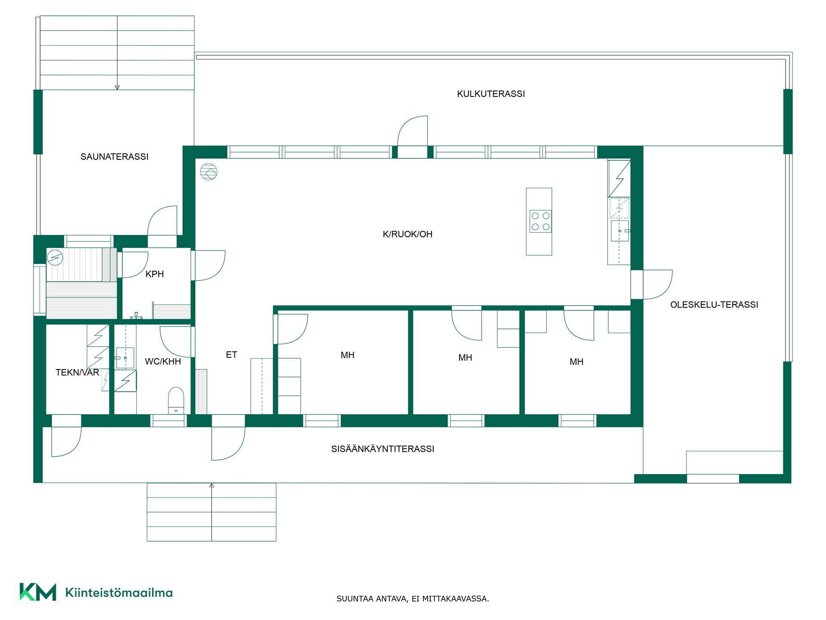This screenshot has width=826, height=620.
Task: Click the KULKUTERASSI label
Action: [491, 94]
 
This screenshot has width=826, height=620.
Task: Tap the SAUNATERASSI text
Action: [114, 157]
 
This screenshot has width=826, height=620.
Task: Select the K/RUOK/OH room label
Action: [407, 234]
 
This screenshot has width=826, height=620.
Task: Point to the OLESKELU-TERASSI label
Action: [714, 305]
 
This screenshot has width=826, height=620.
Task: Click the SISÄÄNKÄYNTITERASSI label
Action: [382, 449]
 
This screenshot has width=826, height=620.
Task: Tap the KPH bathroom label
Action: [154, 274]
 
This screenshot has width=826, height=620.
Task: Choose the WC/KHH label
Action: [163, 362]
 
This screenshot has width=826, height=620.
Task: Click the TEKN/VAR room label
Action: [77, 372]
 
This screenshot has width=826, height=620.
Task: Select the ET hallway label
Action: [231, 355]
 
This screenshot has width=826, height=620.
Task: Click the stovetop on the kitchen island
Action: [541, 221]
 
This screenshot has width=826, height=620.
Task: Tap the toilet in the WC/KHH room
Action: [176, 400]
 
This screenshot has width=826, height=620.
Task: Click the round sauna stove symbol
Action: [55, 258]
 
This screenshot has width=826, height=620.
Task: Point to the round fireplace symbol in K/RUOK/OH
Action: [209, 172]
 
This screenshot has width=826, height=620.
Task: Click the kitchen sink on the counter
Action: [619, 231]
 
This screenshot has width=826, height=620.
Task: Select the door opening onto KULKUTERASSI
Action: [412, 131]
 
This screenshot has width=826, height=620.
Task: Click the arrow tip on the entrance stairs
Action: [212, 484]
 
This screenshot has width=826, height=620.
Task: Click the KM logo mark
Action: [38, 592]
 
